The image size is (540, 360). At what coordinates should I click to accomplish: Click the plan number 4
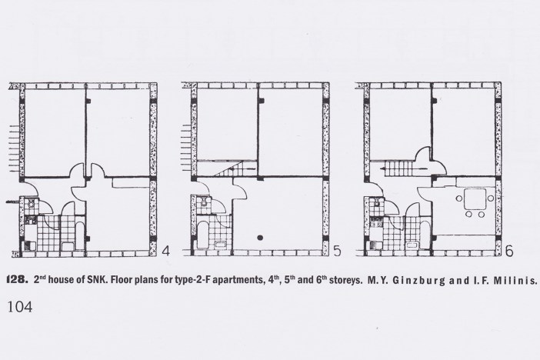165,251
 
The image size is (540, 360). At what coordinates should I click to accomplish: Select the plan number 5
337,251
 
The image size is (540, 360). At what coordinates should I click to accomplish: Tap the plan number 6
509,251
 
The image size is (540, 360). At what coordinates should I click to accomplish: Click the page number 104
20,306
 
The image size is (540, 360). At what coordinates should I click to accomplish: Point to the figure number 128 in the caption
17,280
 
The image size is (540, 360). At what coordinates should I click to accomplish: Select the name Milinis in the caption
515,280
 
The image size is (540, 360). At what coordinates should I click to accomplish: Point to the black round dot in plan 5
260,238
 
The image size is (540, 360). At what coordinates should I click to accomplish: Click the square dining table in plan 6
475,198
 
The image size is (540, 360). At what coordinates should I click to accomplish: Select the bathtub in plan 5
202,235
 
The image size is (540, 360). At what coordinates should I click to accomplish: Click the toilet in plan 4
32,203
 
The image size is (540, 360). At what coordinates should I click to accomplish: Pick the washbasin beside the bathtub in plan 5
219,245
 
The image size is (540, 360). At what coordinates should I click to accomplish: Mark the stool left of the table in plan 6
459,198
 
